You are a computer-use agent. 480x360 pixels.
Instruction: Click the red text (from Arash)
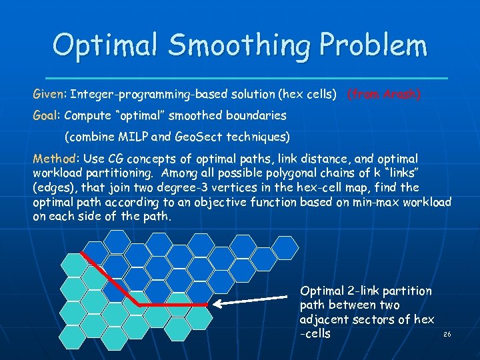pos(383,95)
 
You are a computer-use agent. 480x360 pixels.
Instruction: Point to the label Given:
pos(49,95)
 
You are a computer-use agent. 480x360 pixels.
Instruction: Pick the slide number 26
pos(447,334)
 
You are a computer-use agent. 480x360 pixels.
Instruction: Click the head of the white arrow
pos(216,304)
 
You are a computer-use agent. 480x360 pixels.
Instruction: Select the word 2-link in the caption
pos(364,291)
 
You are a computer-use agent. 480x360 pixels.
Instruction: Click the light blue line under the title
pos(240,79)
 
